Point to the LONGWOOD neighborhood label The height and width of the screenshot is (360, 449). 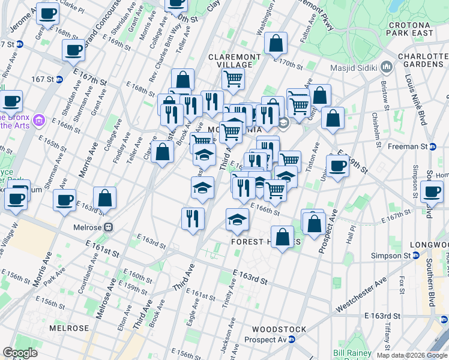coord(429,245)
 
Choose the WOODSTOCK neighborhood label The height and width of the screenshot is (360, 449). coord(279,329)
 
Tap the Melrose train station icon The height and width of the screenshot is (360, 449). coord(109,227)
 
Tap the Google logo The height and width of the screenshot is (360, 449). coord(20,353)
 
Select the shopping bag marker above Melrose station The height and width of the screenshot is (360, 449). coord(104,199)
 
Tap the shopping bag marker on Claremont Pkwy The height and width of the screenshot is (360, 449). coord(276,44)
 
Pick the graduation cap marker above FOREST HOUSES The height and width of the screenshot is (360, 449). coord(238,219)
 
